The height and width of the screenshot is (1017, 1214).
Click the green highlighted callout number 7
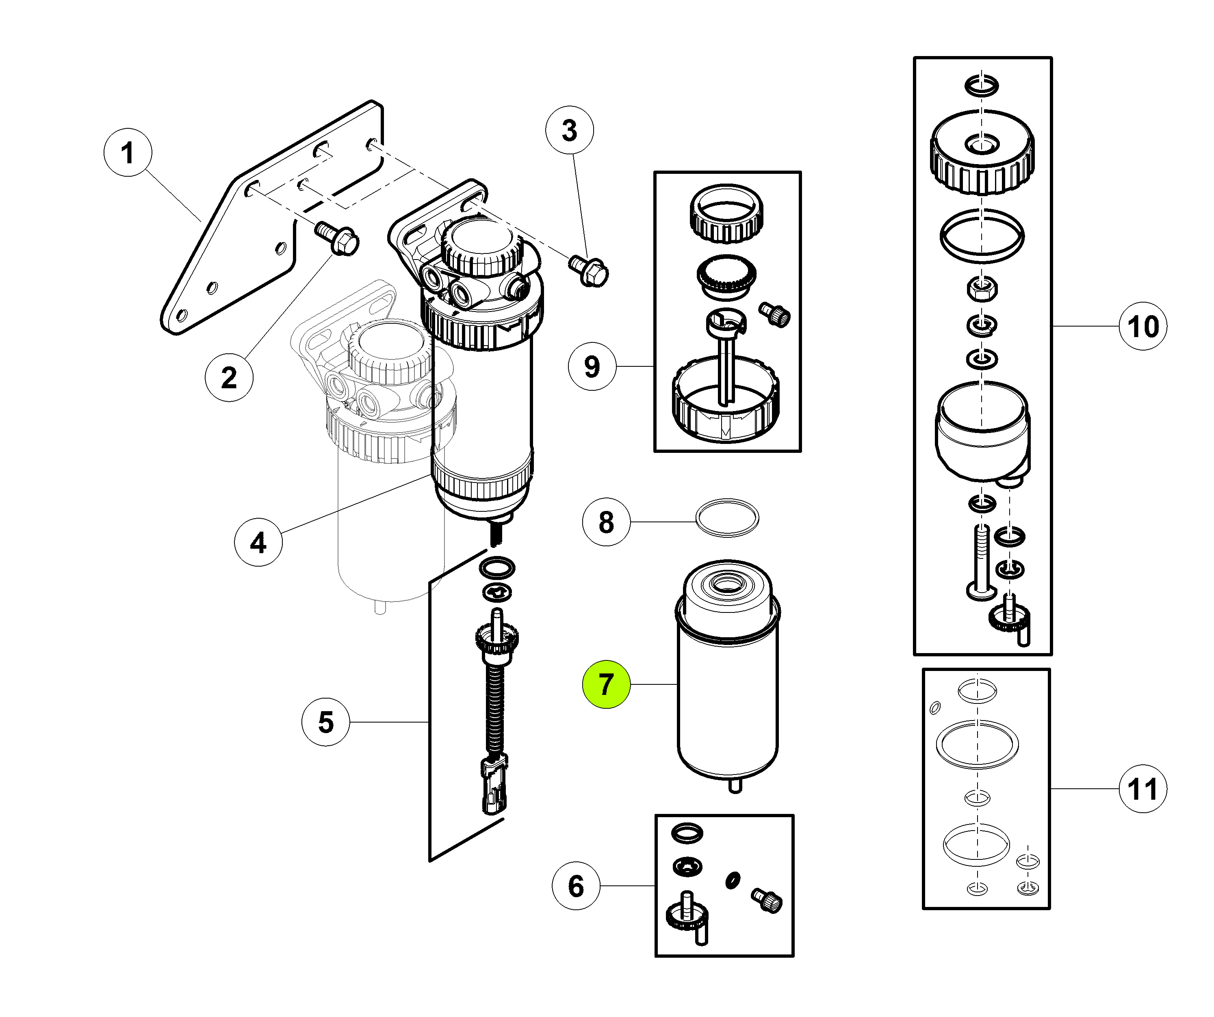pyautogui.click(x=606, y=684)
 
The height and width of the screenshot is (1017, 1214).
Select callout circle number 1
pyautogui.click(x=128, y=153)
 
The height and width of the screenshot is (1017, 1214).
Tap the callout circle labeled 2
pyautogui.click(x=229, y=377)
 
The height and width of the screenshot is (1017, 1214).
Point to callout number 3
pyautogui.click(x=570, y=130)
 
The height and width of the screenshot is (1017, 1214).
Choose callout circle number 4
pyautogui.click(x=258, y=542)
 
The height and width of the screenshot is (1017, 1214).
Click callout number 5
pyautogui.click(x=326, y=722)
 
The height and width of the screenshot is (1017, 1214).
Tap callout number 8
pyautogui.click(x=606, y=522)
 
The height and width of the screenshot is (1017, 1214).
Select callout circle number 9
pyautogui.click(x=592, y=366)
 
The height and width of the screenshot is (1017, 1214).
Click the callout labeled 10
pyautogui.click(x=1143, y=326)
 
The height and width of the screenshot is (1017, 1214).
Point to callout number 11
pyautogui.click(x=1143, y=789)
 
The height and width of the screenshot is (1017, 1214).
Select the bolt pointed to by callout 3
pyautogui.click(x=588, y=271)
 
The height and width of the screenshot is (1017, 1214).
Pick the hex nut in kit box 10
pyautogui.click(x=982, y=288)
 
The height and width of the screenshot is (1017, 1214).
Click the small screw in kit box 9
pyautogui.click(x=775, y=314)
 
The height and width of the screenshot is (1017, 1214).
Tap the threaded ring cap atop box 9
pyautogui.click(x=727, y=214)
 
